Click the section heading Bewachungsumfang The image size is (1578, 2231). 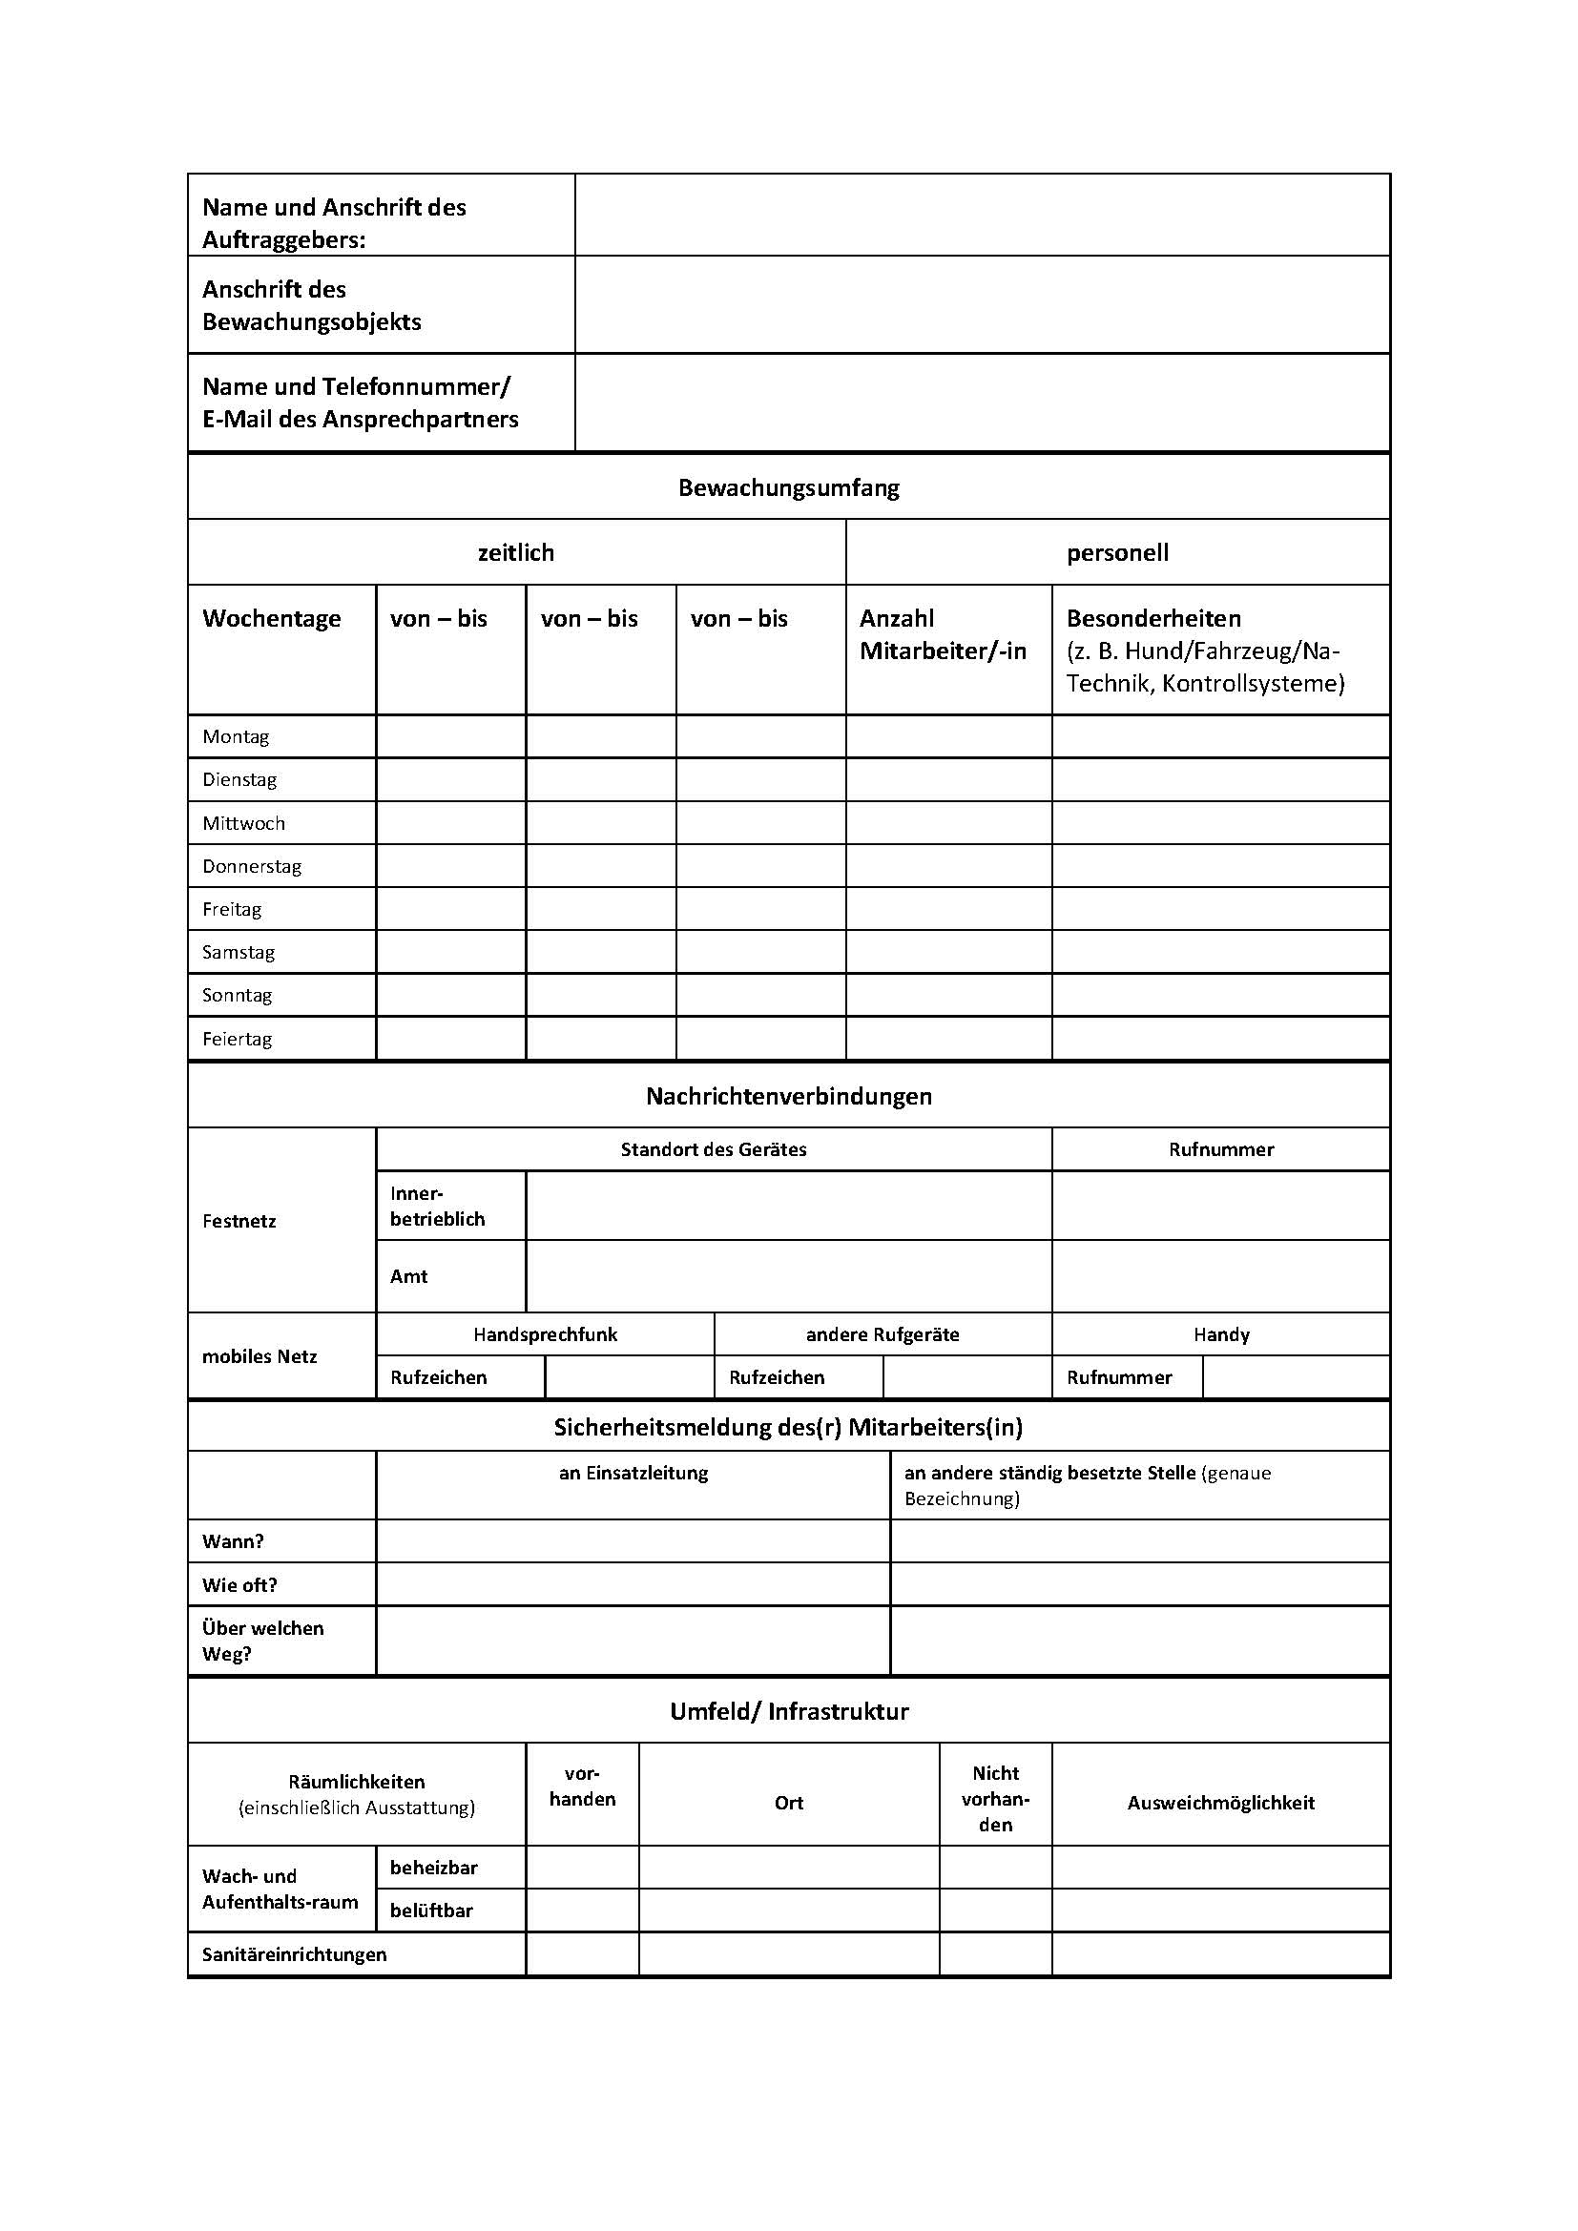point(788,487)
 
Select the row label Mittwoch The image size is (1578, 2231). point(244,823)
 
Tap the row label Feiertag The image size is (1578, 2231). point(238,1039)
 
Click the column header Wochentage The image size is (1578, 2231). point(271,619)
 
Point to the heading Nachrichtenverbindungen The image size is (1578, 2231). point(788,1096)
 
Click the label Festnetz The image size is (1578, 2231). point(239,1222)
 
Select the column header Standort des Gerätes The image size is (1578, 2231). point(714,1149)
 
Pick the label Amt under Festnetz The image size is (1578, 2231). point(409,1277)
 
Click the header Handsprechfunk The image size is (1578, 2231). point(545,1334)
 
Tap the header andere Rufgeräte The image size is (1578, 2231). point(882,1334)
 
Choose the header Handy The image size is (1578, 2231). point(1220,1334)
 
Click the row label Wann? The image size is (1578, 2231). point(233,1541)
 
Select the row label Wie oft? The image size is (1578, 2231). point(240,1585)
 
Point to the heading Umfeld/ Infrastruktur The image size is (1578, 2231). point(788,1711)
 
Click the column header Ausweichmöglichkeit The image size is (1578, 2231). point(1220,1803)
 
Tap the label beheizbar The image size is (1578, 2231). point(433,1868)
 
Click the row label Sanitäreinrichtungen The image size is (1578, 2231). point(295,1954)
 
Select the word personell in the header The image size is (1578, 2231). point(1117,553)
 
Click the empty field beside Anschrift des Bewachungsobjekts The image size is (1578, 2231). point(982,305)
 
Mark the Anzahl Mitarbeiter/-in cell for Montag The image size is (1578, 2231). point(948,736)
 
